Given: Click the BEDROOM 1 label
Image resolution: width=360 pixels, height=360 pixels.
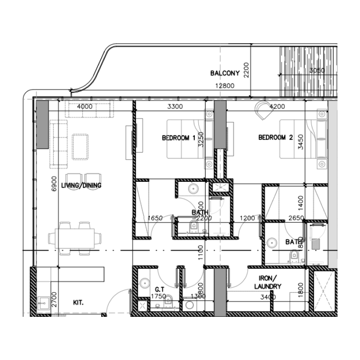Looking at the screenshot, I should (178, 138).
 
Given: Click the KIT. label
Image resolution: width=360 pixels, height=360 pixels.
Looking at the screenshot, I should (80, 303).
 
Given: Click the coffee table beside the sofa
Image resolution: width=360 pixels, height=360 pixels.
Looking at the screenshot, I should (81, 146).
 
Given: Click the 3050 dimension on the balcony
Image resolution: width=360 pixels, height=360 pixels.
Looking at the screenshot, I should (317, 71).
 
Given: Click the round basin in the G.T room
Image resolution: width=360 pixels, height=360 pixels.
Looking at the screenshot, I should (144, 283).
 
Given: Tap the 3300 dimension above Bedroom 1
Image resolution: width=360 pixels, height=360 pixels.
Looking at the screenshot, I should (175, 107).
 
